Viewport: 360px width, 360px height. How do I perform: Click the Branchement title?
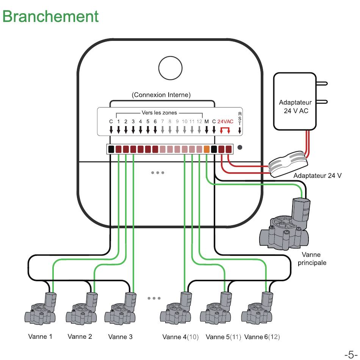pos(50,17)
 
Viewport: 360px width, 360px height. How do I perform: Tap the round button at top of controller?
pos(171,68)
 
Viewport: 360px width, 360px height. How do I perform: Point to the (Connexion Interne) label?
pos(161,95)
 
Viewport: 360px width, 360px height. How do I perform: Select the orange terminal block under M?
pos(207,149)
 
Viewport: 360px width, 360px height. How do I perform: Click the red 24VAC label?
pos(225,122)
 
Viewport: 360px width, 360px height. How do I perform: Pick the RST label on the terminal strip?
pos(240,118)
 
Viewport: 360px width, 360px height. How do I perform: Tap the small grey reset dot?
pos(239,147)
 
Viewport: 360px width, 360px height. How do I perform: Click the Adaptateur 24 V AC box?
pos(295,101)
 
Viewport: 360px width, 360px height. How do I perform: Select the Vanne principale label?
pos(312,259)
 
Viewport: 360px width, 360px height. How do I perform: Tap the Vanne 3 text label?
pos(120,337)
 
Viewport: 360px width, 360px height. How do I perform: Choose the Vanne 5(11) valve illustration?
pos(216,308)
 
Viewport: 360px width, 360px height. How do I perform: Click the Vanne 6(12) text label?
pos(262,337)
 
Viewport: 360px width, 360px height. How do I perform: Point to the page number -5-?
pos(351,354)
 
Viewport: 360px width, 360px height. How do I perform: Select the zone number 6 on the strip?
pos(155,122)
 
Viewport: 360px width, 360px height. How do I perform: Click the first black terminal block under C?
pos(111,149)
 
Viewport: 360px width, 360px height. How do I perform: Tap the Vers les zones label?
pos(159,113)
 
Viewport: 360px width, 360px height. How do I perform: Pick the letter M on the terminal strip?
pos(207,122)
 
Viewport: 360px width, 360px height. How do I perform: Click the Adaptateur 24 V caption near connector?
pos(318,176)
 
